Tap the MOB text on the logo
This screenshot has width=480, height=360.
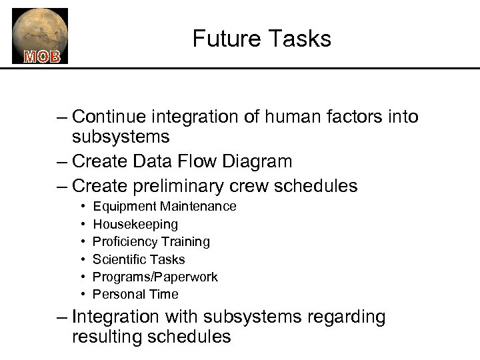coord(42,57)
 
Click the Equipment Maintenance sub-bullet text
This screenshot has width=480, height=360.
coord(164,207)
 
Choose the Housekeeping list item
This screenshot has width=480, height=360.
coord(135,224)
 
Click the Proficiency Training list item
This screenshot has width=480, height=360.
coord(151,241)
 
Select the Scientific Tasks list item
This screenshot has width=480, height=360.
coord(139,259)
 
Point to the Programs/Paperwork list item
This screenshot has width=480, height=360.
coord(155,276)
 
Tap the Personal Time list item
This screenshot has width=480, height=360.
coord(135,293)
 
